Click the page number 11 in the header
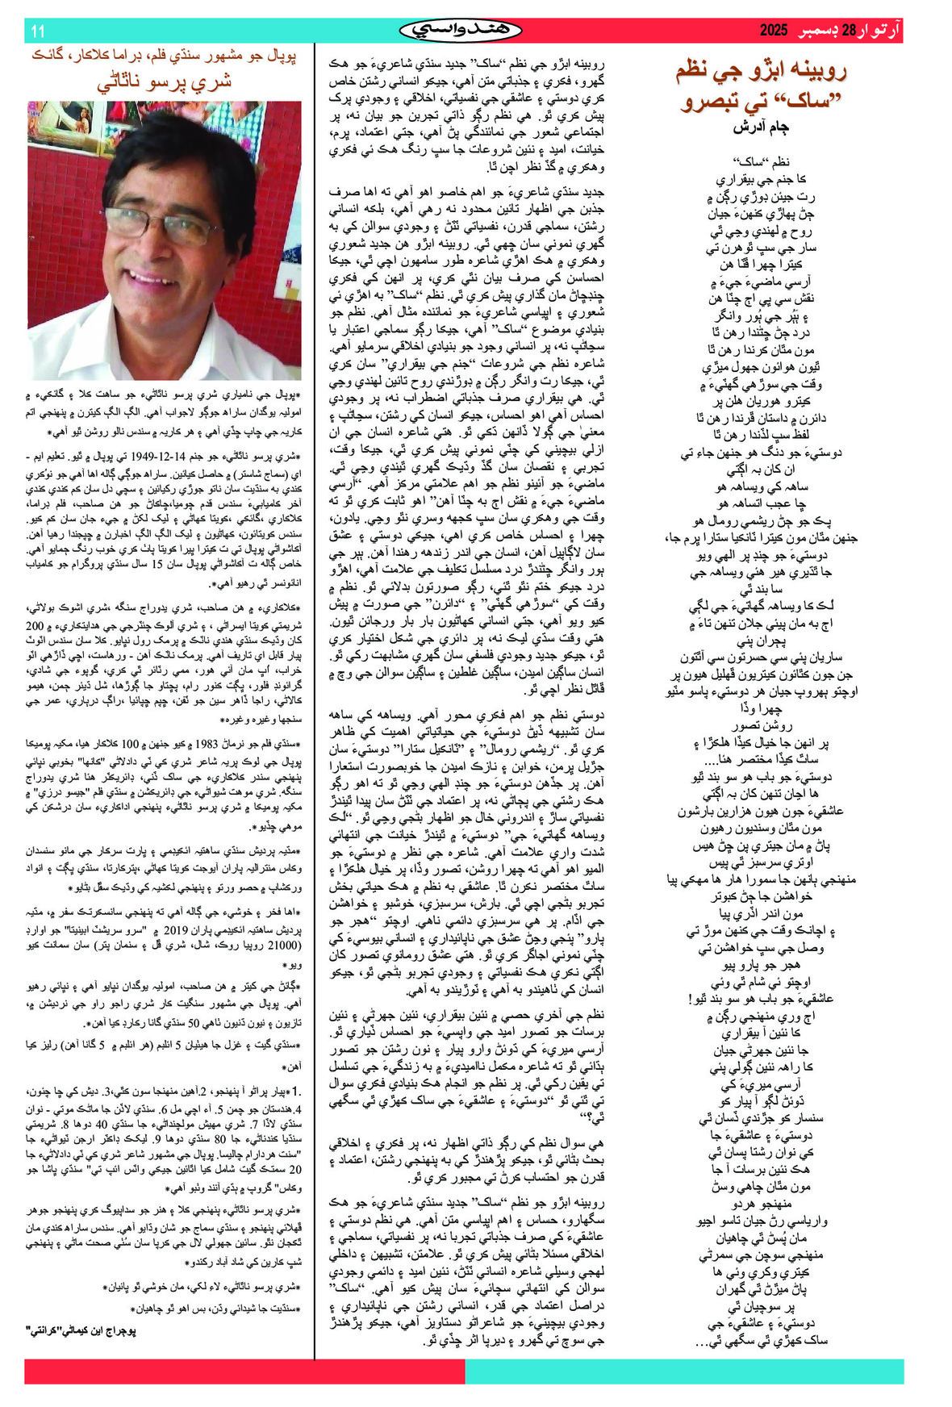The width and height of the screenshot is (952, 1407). click(37, 31)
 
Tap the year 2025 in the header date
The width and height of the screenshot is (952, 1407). click(772, 31)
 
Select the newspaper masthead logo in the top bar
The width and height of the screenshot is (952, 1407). click(461, 31)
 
